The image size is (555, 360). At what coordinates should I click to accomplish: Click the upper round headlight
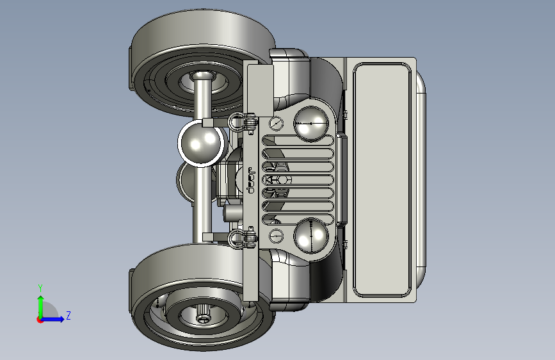311,124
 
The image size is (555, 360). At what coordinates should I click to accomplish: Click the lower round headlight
311,236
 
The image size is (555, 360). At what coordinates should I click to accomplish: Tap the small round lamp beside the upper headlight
276,123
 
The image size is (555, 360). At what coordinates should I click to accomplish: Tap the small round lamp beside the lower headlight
276,236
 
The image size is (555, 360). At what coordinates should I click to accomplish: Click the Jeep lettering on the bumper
250,181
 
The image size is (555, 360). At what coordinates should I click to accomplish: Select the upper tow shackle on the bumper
243,122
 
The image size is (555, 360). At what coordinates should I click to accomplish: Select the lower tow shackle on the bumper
243,238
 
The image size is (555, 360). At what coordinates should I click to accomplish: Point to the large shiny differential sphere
201,143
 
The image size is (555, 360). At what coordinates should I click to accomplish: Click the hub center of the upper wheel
202,76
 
